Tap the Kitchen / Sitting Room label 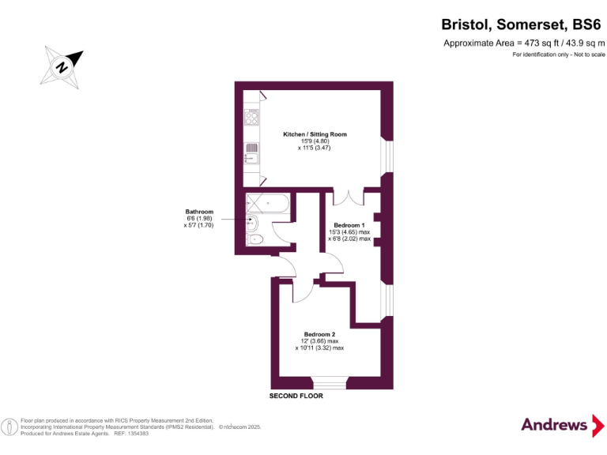(x=315, y=134)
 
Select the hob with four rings (x=252, y=118)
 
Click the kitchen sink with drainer (x=251, y=151)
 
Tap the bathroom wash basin (x=251, y=223)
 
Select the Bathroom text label (x=199, y=212)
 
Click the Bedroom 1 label (x=349, y=225)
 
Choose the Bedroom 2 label (x=319, y=334)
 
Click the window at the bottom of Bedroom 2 (x=326, y=385)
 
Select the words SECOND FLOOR (x=296, y=396)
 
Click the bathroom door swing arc (x=282, y=229)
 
